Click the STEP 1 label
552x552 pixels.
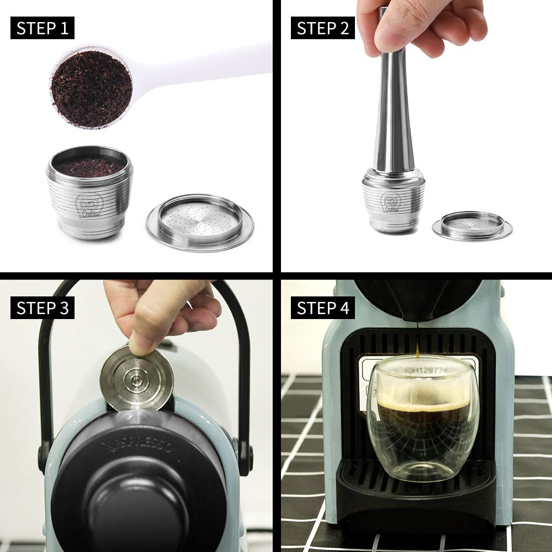[42, 28]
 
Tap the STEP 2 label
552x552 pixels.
[323, 28]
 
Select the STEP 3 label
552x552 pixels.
[42, 308]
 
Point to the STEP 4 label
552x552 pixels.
[323, 308]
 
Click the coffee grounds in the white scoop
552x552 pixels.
[91, 88]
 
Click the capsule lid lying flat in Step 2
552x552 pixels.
[472, 225]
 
